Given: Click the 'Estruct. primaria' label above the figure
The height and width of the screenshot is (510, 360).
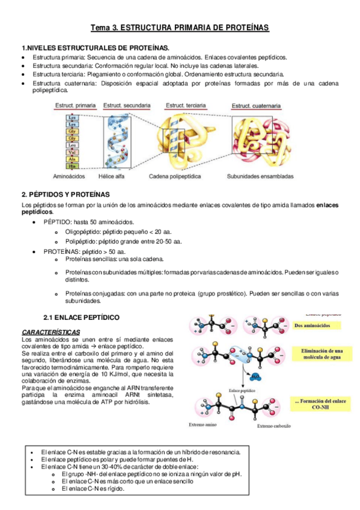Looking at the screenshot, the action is click(x=75, y=105).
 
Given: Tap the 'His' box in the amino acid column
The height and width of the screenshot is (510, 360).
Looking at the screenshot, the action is click(x=73, y=167).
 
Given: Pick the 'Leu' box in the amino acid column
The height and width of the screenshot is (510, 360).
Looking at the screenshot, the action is click(x=73, y=145).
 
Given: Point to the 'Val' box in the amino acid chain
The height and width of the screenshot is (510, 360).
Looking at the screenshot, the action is click(x=73, y=153).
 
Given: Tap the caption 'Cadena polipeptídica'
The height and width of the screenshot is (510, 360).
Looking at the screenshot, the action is click(x=174, y=177).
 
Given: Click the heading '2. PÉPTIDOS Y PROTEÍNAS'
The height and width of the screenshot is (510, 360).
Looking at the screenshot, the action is click(x=66, y=194).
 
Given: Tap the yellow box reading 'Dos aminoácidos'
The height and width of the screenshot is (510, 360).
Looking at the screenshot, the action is click(x=317, y=325).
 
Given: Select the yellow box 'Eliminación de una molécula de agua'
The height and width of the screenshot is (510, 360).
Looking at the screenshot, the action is click(x=323, y=354).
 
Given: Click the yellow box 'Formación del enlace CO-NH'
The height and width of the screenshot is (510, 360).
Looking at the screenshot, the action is click(x=323, y=405).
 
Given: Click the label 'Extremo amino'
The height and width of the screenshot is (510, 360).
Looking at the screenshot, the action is click(x=204, y=425).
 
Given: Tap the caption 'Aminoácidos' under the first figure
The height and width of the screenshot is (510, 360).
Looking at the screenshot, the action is click(x=70, y=177).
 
